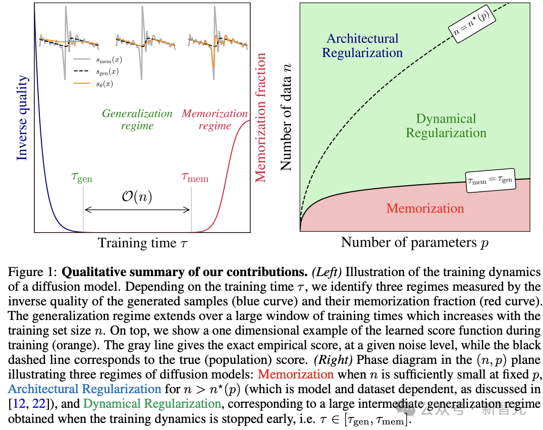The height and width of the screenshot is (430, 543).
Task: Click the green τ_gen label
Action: pos(82,178)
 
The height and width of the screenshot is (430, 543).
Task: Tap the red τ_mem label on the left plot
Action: pos(195,178)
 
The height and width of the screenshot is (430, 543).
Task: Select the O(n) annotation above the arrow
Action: pos(137,196)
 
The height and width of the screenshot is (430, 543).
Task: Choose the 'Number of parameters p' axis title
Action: pos(415,243)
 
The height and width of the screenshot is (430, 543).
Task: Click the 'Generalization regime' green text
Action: pos(137,119)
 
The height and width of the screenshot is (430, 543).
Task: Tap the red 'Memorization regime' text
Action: pos(215,119)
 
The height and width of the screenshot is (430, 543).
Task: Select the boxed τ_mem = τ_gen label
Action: pos(490,179)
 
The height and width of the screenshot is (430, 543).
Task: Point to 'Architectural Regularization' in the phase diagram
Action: pos(362,45)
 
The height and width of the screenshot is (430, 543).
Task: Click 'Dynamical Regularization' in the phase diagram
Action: pos(446,126)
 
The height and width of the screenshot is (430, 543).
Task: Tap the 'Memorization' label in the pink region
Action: pos(425,208)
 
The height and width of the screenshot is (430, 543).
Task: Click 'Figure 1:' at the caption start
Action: pos(33,272)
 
